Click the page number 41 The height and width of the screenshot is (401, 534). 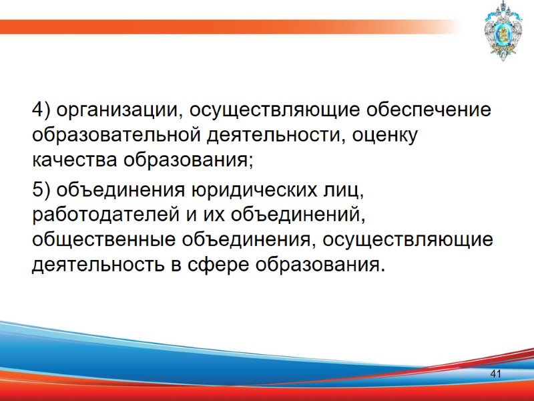click(x=495, y=374)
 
